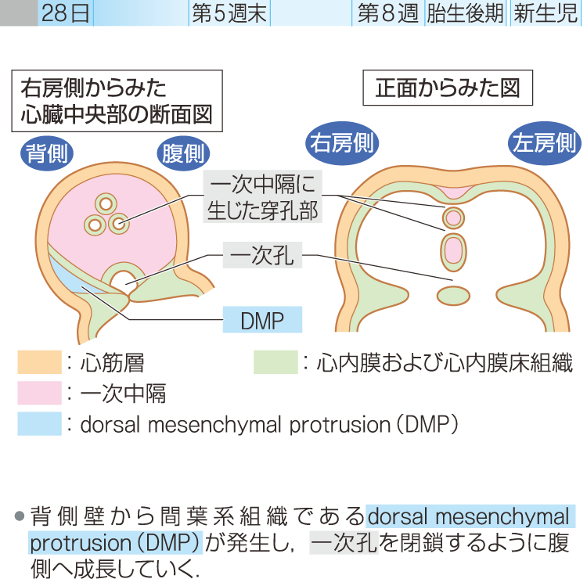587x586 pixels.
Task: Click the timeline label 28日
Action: point(66,13)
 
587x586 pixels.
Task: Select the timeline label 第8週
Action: point(387,13)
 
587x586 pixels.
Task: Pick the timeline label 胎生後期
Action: point(465,13)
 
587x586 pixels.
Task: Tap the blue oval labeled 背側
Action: point(46,153)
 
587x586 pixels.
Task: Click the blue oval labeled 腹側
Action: point(182,153)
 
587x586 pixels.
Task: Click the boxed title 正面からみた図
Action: point(448,88)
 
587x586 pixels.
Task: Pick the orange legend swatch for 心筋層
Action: point(39,362)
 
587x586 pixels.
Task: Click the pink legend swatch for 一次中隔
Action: point(39,393)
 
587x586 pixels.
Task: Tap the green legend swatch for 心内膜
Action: point(275,362)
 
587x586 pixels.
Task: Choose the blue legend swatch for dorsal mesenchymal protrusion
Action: point(39,423)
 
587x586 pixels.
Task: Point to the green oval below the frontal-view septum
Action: point(451,295)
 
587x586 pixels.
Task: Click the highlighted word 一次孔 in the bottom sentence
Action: point(344,542)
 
